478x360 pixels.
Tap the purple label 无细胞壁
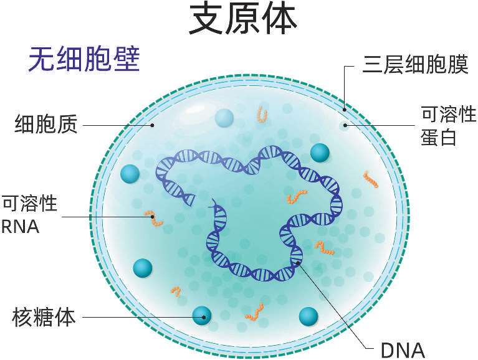click(83, 60)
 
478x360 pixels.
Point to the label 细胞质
click(46, 125)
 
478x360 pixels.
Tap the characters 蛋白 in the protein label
click(439, 137)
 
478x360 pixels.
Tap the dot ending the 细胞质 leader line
click(153, 125)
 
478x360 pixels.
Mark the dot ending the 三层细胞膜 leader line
click(345, 110)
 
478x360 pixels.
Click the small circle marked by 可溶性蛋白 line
click(345, 125)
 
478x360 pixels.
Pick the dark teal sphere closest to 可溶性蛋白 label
click(320, 153)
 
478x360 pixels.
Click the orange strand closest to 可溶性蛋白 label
click(370, 179)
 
